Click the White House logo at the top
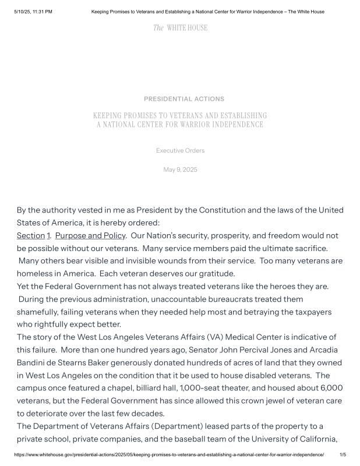180,28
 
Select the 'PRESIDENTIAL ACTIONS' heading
183,99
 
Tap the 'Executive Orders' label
180,151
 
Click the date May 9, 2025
180,170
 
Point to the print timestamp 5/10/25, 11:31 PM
33,12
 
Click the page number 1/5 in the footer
343,454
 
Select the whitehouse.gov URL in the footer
169,454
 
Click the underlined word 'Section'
30,236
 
